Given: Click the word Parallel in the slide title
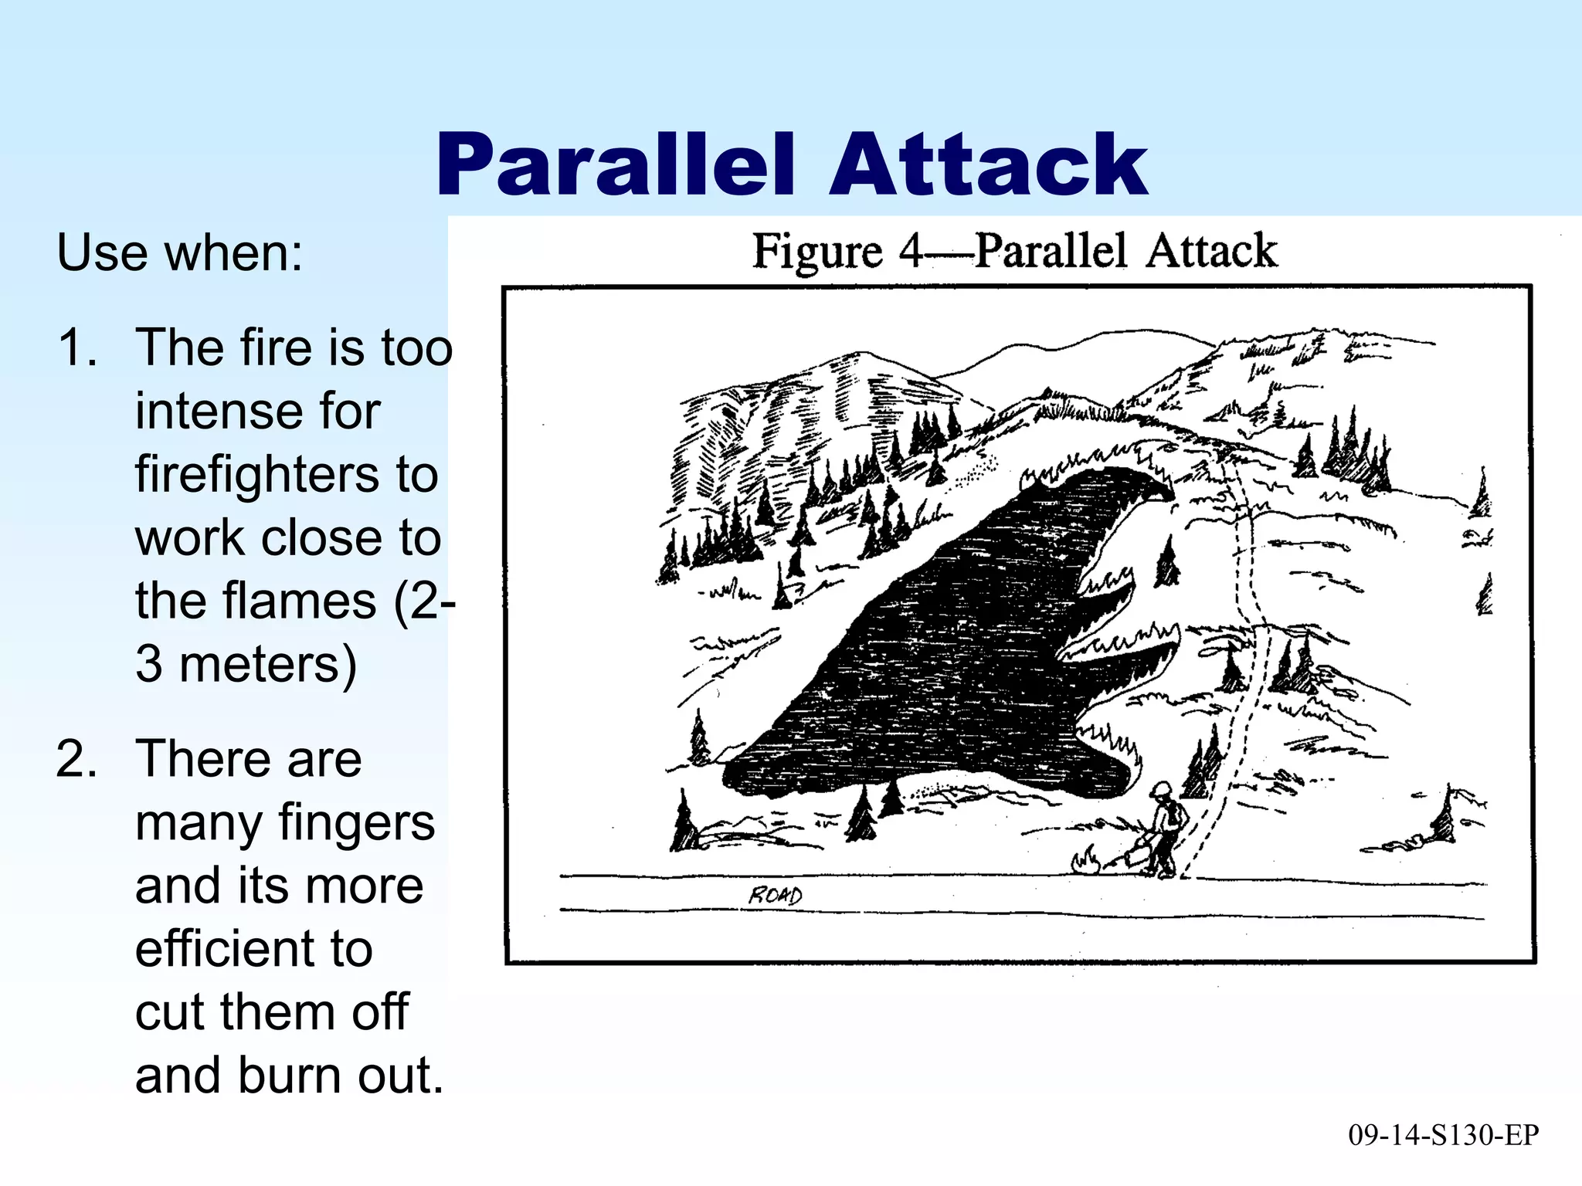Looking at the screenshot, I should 615,165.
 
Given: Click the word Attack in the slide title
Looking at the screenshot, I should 988,165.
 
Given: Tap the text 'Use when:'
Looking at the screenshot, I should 180,252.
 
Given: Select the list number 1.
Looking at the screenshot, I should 77,347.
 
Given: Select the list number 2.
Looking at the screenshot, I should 77,759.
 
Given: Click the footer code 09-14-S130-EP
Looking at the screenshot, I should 1443,1135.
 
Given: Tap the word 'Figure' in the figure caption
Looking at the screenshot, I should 816,251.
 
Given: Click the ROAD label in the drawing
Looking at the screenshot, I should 775,896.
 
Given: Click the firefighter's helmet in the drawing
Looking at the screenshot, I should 1160,790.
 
